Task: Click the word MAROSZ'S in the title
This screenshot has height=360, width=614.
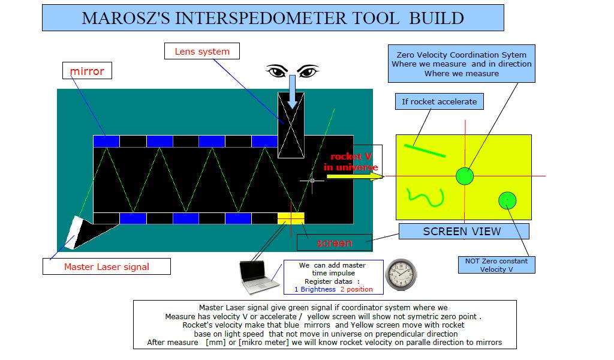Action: click(x=126, y=19)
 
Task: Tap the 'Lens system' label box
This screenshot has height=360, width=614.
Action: click(x=201, y=52)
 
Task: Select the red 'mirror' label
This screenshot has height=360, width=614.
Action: click(x=87, y=71)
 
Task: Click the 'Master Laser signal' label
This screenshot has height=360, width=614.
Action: click(x=107, y=267)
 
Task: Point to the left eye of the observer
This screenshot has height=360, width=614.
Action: click(x=277, y=71)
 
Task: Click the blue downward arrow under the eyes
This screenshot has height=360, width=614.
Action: click(x=292, y=92)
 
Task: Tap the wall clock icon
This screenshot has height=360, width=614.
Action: click(x=401, y=274)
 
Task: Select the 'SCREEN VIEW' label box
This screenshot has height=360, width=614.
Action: click(x=464, y=231)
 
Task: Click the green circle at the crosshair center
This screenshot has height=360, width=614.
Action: click(x=465, y=176)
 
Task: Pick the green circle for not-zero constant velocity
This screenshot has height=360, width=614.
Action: click(x=507, y=201)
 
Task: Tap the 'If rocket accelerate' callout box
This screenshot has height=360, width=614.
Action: click(x=440, y=101)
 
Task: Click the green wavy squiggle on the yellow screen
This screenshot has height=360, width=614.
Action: click(x=425, y=197)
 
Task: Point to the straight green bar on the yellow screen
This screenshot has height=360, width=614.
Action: click(x=425, y=151)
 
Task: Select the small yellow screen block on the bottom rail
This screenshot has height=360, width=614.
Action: click(x=291, y=218)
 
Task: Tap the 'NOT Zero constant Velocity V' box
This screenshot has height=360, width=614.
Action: click(x=496, y=265)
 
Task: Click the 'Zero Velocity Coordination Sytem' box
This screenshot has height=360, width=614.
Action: click(x=462, y=64)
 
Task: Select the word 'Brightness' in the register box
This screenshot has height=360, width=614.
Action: click(x=318, y=289)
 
